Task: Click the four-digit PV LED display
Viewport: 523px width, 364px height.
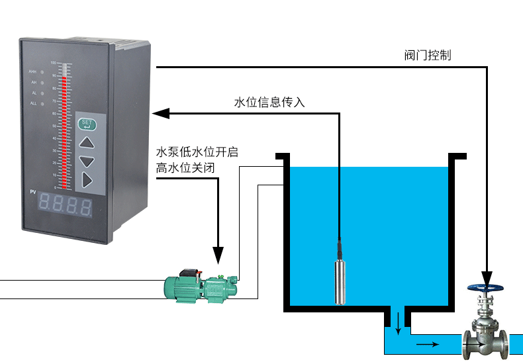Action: pos(64,205)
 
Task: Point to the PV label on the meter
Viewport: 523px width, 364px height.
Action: pos(32,192)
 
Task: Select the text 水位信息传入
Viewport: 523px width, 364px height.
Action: pos(269,102)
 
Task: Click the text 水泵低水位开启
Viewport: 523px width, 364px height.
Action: pos(197,152)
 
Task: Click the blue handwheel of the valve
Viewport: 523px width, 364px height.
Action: pos(486,289)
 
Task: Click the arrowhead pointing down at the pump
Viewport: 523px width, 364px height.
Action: pos(218,255)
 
